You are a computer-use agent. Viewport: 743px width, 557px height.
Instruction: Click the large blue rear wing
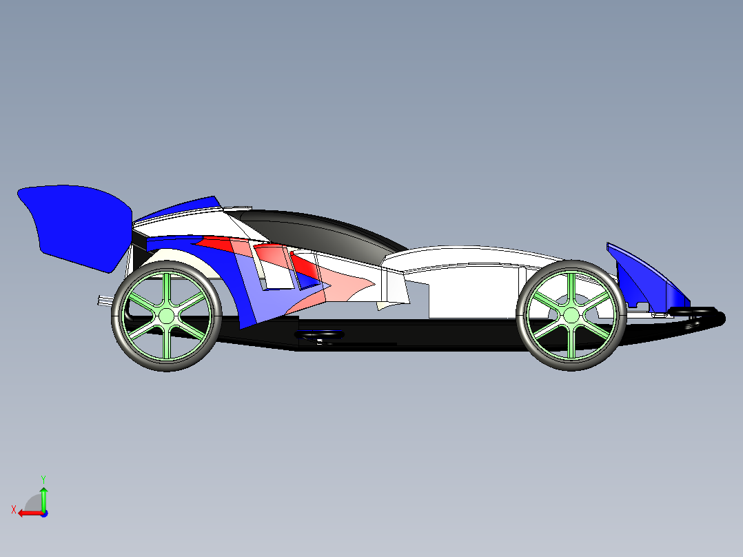pyautogui.click(x=76, y=224)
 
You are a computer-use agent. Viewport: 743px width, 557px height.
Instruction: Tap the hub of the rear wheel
pyautogui.click(x=166, y=316)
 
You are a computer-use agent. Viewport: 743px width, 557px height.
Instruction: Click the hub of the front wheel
pyautogui.click(x=571, y=315)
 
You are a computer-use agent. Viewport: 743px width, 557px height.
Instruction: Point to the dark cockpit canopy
pyautogui.click(x=324, y=234)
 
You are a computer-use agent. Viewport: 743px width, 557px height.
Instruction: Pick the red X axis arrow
pyautogui.click(x=28, y=513)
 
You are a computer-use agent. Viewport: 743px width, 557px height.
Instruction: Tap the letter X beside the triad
pyautogui.click(x=13, y=509)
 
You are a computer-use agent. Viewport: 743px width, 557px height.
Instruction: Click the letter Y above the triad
pyautogui.click(x=43, y=478)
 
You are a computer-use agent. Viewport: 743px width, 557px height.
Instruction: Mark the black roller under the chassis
pyautogui.click(x=319, y=336)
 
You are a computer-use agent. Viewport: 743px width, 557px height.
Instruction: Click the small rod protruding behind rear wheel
pyautogui.click(x=104, y=300)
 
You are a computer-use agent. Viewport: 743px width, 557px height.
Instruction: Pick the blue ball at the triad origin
pyautogui.click(x=43, y=513)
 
